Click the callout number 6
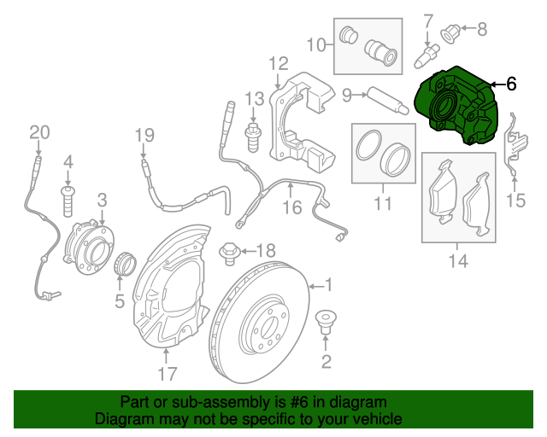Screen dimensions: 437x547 tap(511, 84)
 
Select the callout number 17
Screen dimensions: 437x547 tap(167, 373)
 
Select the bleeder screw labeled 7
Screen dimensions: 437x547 tap(424, 53)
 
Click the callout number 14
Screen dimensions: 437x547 tap(459, 261)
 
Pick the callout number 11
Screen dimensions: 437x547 tap(381, 204)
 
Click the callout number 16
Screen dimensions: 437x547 tap(292, 207)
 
